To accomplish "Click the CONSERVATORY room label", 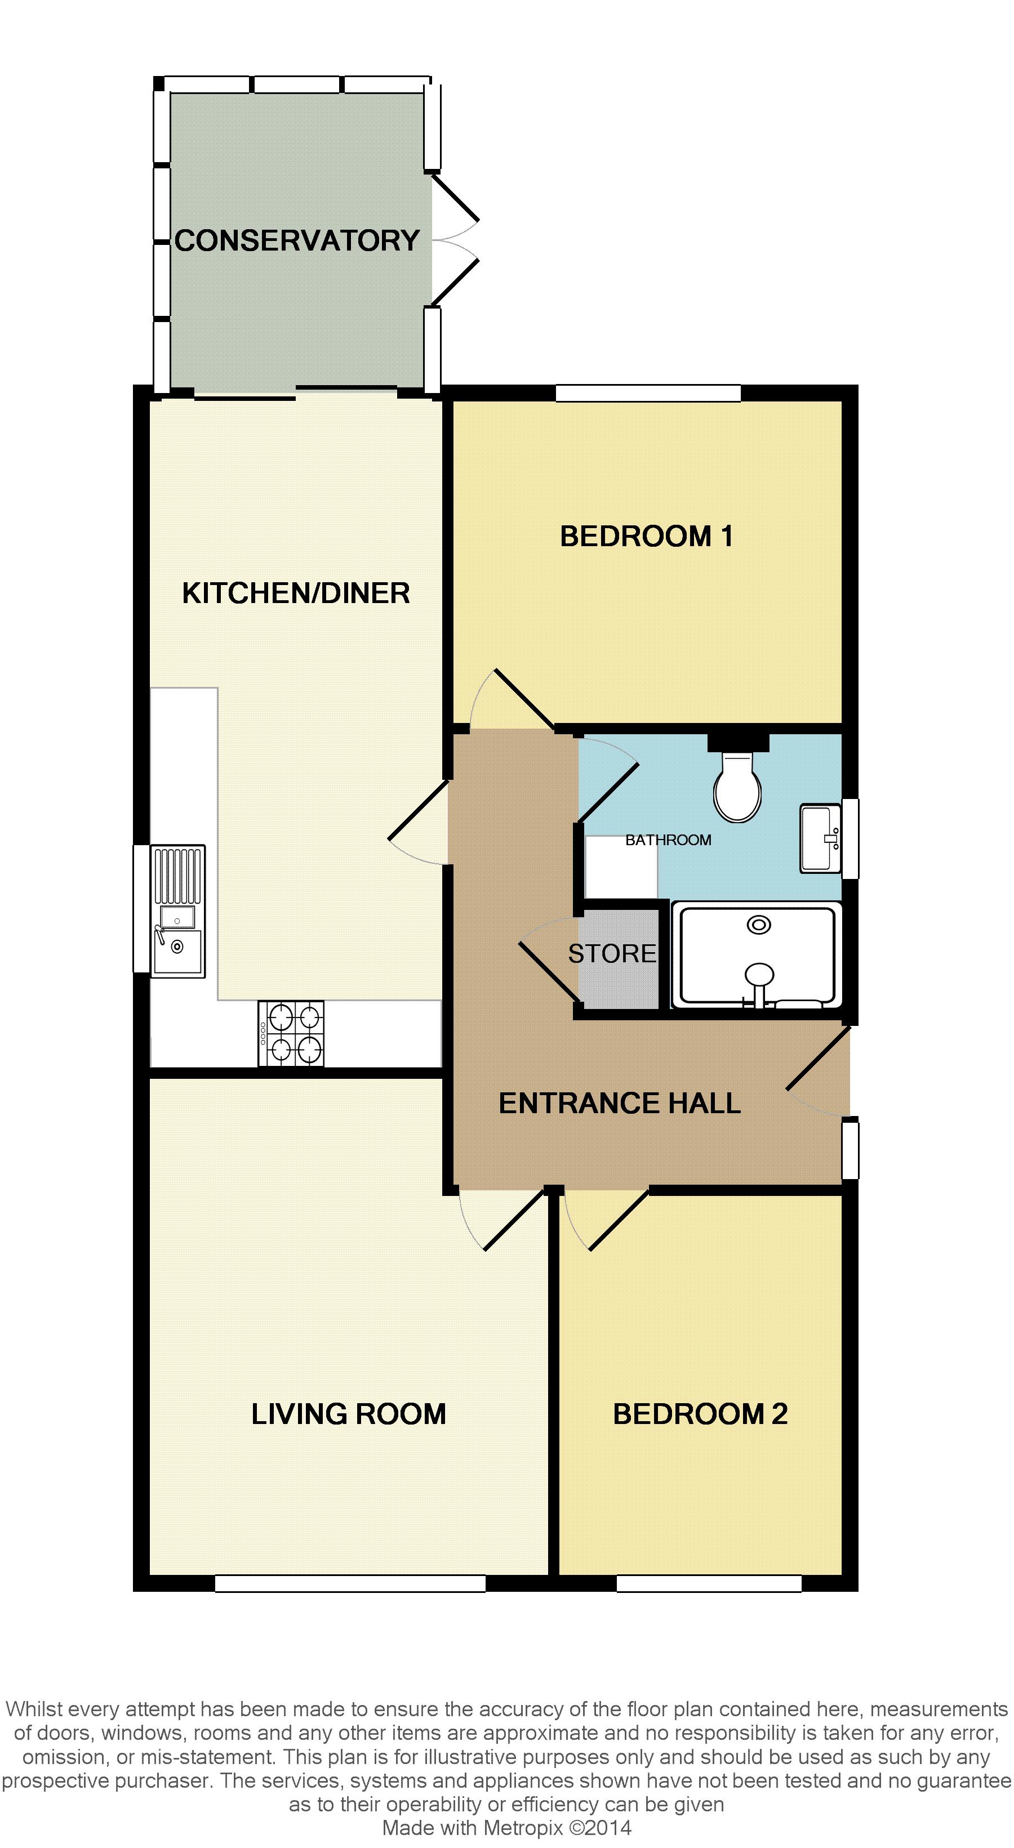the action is tap(297, 240).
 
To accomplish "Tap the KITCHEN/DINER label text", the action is tap(296, 593).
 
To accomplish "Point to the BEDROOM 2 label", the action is tap(700, 1414).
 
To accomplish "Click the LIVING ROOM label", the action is tap(349, 1414).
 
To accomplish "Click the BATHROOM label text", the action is tap(668, 840).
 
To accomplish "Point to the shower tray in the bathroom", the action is tap(757, 955).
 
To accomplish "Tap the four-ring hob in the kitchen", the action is tap(291, 1033).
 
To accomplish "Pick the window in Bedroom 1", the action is tap(648, 393).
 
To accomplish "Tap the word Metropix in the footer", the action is tap(524, 1828).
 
